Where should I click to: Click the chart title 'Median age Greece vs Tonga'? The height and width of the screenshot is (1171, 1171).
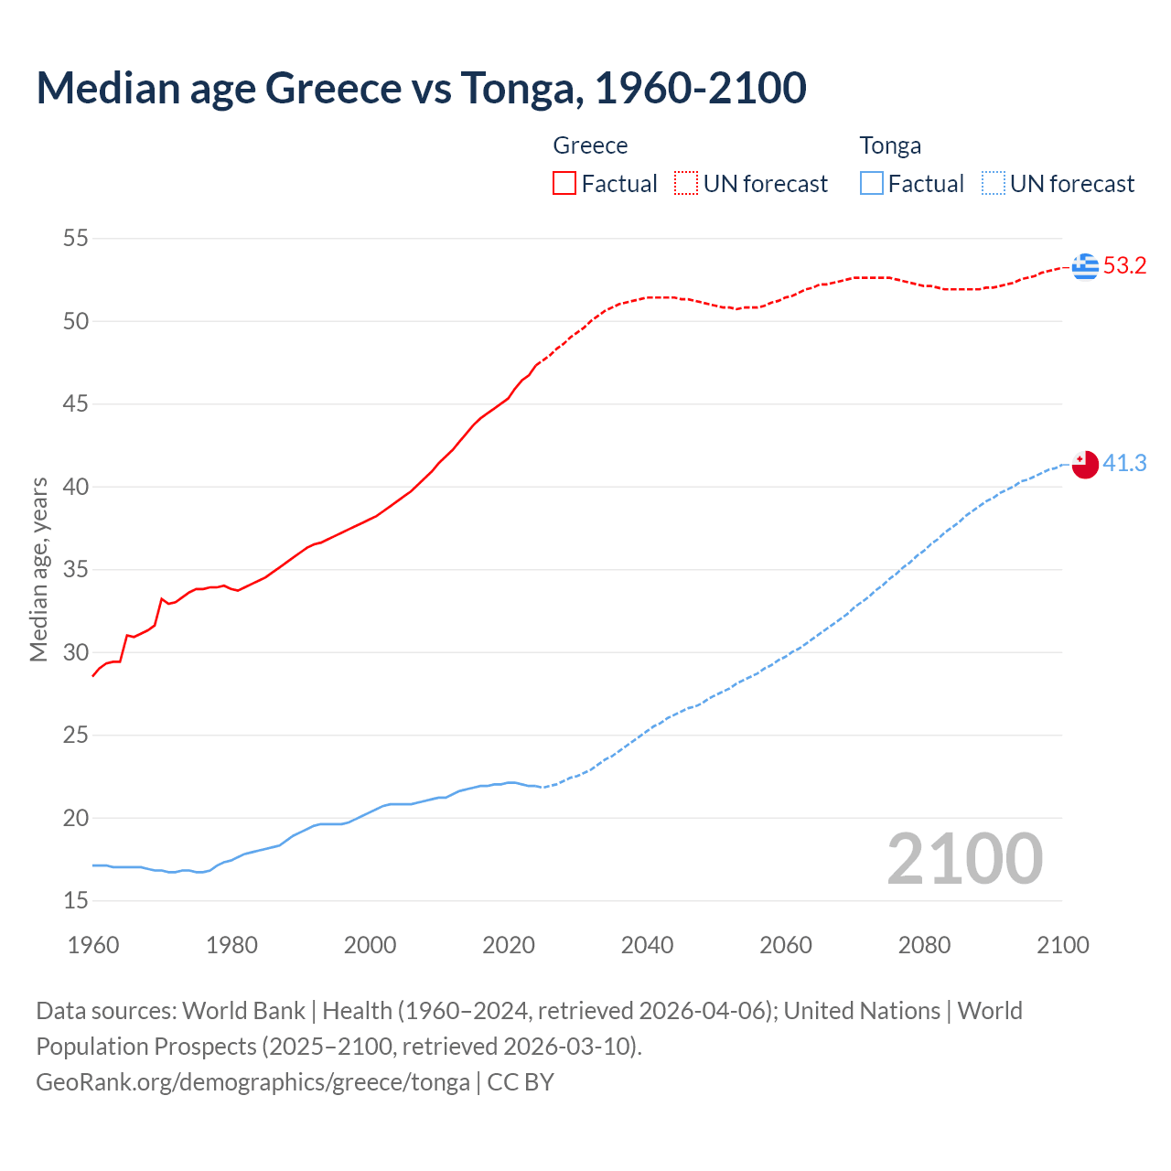[x=421, y=88]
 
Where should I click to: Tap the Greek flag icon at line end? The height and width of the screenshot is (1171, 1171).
[x=1085, y=266]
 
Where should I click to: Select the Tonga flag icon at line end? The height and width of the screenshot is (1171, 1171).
[x=1085, y=464]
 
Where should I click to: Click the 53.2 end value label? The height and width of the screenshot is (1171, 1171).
[x=1124, y=266]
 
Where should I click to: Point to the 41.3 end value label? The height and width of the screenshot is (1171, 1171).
[x=1124, y=464]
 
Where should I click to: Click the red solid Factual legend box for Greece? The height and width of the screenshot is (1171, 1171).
[x=564, y=184]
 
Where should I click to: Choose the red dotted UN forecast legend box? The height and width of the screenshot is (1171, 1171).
[x=686, y=184]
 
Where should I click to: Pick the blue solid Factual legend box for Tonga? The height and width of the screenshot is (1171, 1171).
[x=872, y=184]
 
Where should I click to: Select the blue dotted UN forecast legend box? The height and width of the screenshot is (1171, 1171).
[x=994, y=184]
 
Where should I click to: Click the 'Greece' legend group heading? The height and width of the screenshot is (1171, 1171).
[x=590, y=145]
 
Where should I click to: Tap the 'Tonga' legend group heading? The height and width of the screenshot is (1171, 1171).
[x=890, y=145]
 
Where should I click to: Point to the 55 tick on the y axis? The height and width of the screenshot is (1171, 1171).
[x=76, y=239]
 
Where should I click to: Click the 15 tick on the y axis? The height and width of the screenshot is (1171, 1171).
[x=76, y=901]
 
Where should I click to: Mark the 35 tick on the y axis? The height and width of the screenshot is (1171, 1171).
[x=76, y=570]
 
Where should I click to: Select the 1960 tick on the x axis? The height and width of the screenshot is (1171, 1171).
[x=93, y=945]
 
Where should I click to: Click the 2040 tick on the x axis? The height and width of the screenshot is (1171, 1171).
[x=647, y=945]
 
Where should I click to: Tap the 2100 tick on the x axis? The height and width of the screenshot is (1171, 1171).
[x=1062, y=945]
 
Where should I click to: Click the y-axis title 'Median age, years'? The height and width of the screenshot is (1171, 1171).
[x=38, y=569]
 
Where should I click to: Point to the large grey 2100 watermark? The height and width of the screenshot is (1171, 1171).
[x=964, y=859]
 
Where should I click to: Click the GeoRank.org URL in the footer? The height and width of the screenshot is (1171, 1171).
[x=252, y=1082]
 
